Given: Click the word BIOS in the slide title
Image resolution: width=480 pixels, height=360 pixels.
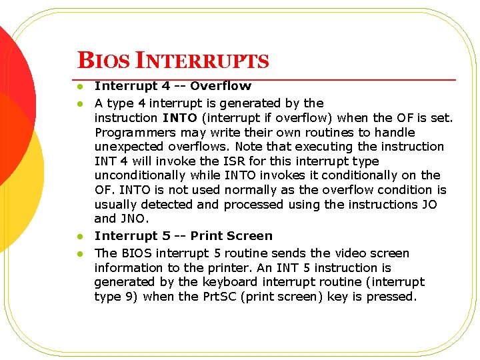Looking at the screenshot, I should click(x=103, y=61).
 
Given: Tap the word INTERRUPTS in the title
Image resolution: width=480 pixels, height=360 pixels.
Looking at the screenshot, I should click(x=202, y=61).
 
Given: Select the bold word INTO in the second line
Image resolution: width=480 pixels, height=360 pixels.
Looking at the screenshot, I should click(x=179, y=118).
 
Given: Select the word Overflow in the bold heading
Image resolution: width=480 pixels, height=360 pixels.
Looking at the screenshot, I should click(x=221, y=86).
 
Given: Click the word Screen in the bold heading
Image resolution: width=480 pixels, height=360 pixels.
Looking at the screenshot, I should click(x=250, y=236).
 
